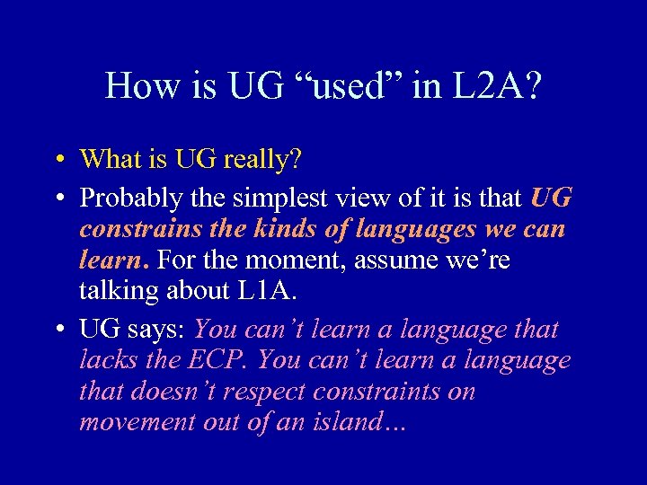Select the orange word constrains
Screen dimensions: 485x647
[137, 229]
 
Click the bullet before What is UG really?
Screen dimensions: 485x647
[56, 161]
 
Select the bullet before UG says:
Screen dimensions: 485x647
[56, 331]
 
